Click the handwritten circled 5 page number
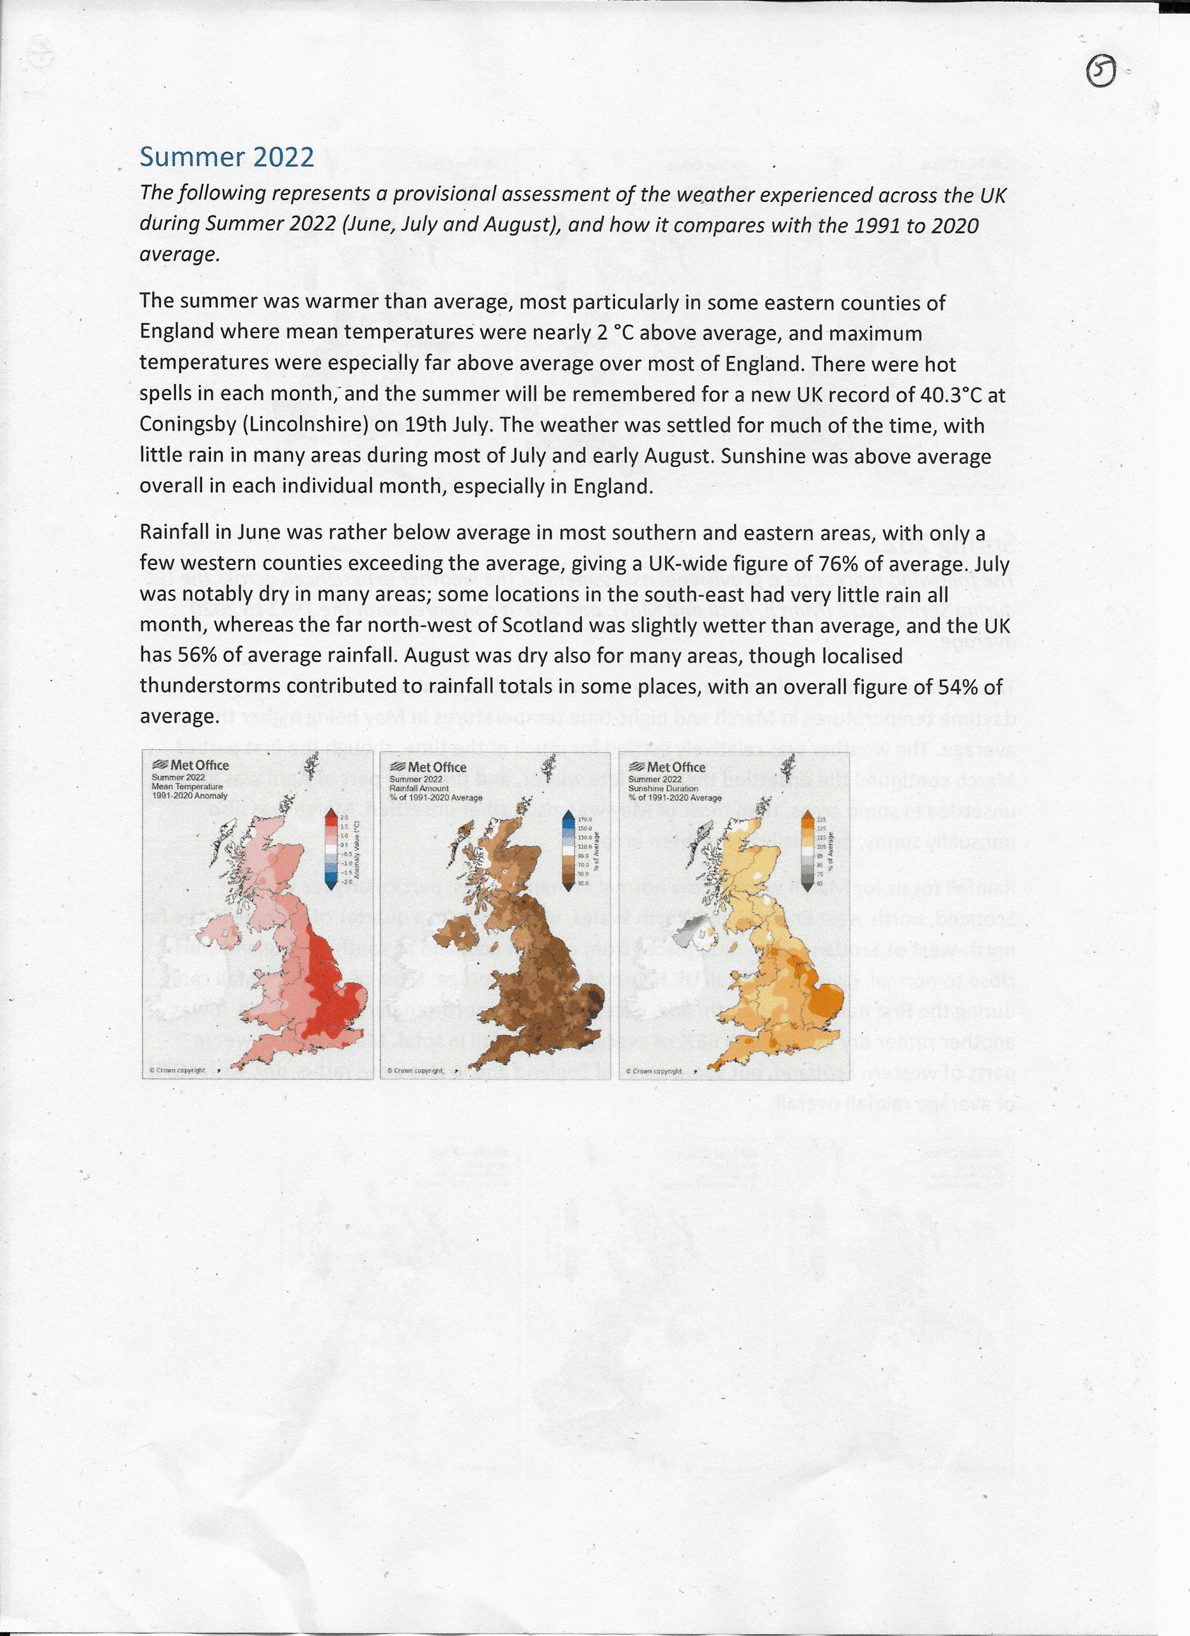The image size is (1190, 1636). click(x=1100, y=72)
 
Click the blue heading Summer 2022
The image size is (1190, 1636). click(x=226, y=157)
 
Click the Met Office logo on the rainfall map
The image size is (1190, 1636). click(x=428, y=767)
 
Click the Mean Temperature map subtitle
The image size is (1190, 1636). click(x=187, y=786)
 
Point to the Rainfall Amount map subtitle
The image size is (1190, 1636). click(x=419, y=789)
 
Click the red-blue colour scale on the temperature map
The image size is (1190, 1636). click(x=331, y=848)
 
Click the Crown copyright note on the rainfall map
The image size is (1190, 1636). click(x=415, y=1070)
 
